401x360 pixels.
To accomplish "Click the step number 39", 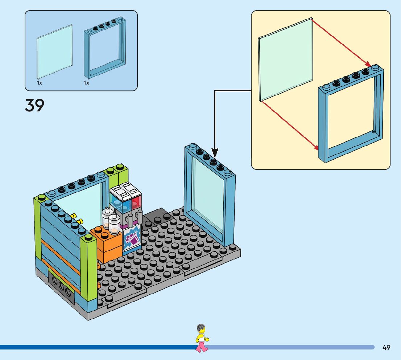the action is pyautogui.click(x=35, y=105).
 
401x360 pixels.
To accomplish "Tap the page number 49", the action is pyautogui.click(x=386, y=347).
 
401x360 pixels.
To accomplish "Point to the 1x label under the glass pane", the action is pyautogui.click(x=40, y=83).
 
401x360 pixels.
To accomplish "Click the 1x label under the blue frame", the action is pyautogui.click(x=86, y=83).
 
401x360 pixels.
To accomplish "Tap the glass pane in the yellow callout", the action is pyautogui.click(x=285, y=60).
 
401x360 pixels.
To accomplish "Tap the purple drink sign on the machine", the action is pyautogui.click(x=132, y=238).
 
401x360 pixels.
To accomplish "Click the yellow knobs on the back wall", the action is pyautogui.click(x=77, y=218).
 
